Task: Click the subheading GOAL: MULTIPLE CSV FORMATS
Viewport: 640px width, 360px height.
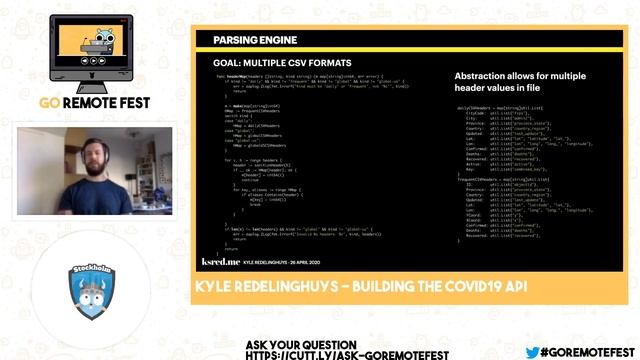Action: click(271, 62)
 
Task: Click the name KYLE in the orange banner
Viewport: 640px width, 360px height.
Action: click(214, 287)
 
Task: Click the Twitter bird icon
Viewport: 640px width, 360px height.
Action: click(532, 352)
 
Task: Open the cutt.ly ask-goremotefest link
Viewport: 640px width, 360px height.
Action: click(347, 354)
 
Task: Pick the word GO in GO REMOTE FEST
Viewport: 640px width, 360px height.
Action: click(50, 102)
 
